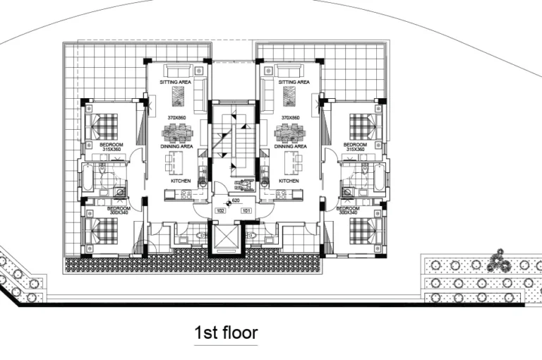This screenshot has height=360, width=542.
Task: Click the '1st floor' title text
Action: point(226,332)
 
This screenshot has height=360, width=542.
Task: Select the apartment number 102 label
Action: point(220,210)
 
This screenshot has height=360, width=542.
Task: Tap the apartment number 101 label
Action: point(246,210)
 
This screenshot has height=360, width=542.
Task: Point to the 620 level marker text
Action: point(236,201)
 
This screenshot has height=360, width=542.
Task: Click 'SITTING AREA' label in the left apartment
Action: point(176,83)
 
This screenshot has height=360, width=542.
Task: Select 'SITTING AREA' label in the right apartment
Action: point(294,83)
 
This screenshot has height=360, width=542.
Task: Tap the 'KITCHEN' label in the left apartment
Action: point(181,181)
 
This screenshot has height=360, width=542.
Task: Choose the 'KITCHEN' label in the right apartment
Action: point(289,181)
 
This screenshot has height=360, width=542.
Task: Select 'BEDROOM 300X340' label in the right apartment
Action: point(349,211)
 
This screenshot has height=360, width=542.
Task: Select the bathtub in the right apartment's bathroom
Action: point(381,178)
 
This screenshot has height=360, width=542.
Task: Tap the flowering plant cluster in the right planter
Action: point(502,261)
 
